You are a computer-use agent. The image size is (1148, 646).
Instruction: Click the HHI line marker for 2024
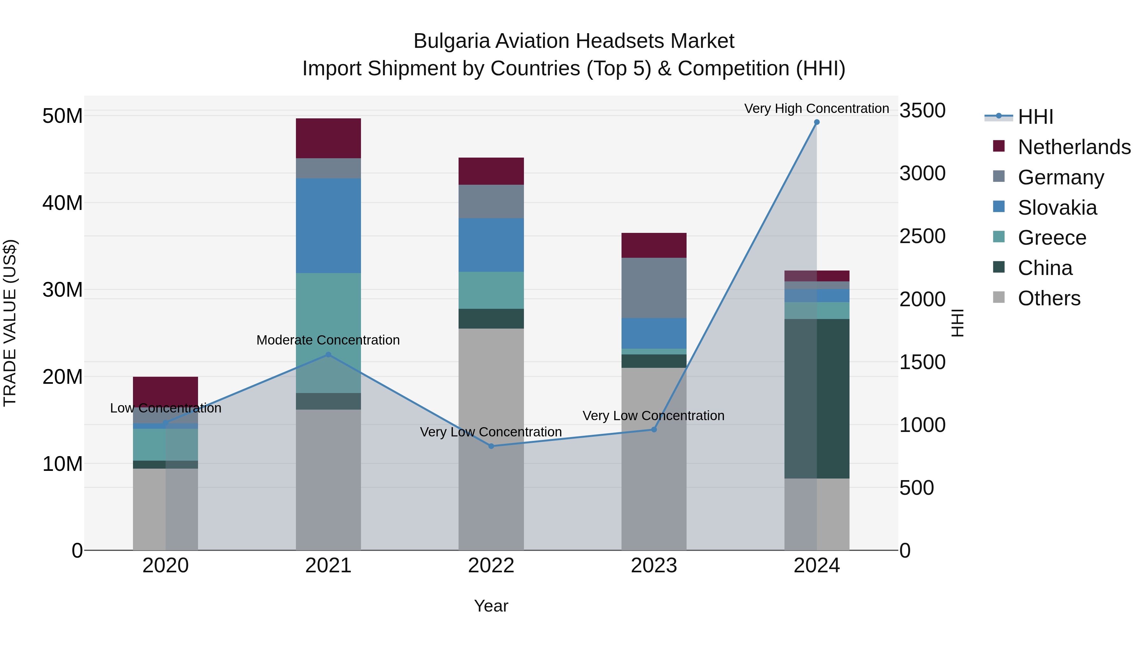[816, 122]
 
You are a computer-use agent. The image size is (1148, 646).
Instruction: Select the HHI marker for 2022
[491, 446]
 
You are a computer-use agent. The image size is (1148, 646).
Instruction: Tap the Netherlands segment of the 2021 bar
[328, 138]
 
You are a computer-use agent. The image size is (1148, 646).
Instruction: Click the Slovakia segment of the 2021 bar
[328, 226]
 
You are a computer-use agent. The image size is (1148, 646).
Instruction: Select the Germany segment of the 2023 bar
[654, 287]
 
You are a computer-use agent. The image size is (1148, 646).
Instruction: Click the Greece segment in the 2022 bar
[491, 290]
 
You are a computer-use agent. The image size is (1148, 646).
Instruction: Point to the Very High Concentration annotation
[816, 108]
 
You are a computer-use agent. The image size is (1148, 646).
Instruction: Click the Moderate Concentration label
[328, 340]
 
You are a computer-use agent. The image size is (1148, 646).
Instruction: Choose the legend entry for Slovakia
[1057, 208]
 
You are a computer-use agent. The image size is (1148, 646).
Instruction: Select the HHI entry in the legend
[1035, 117]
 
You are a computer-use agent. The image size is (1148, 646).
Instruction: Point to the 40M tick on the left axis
[63, 203]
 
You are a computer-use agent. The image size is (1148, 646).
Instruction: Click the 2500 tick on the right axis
[922, 236]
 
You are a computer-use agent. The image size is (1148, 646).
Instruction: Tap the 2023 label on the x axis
[654, 566]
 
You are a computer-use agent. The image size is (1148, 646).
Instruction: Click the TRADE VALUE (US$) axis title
[10, 323]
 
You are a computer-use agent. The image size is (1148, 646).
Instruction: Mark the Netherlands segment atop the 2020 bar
[165, 390]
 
